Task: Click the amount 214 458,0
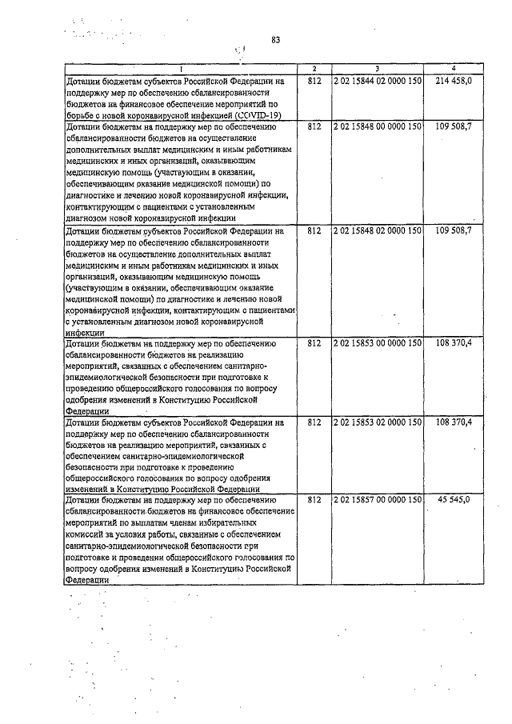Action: (455, 82)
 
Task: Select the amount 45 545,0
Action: (459, 500)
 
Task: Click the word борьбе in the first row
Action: (82, 115)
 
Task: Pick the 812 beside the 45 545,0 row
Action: (314, 500)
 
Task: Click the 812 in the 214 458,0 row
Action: (314, 82)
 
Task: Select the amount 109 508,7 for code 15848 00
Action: (455, 126)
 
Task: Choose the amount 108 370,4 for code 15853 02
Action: (455, 422)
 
